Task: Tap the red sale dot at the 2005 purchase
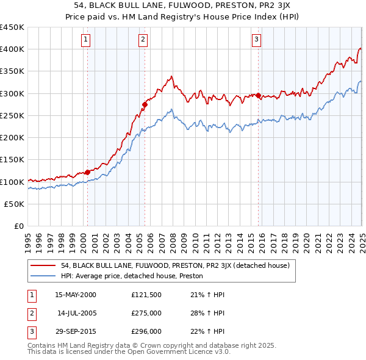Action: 145,104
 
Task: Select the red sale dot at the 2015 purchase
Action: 259,95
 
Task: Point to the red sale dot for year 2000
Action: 87,172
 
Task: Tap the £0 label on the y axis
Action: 19,226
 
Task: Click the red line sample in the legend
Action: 43,265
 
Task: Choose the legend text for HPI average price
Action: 132,276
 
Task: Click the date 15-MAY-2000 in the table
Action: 76,295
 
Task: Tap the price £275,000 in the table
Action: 146,313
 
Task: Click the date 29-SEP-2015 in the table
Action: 76,331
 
